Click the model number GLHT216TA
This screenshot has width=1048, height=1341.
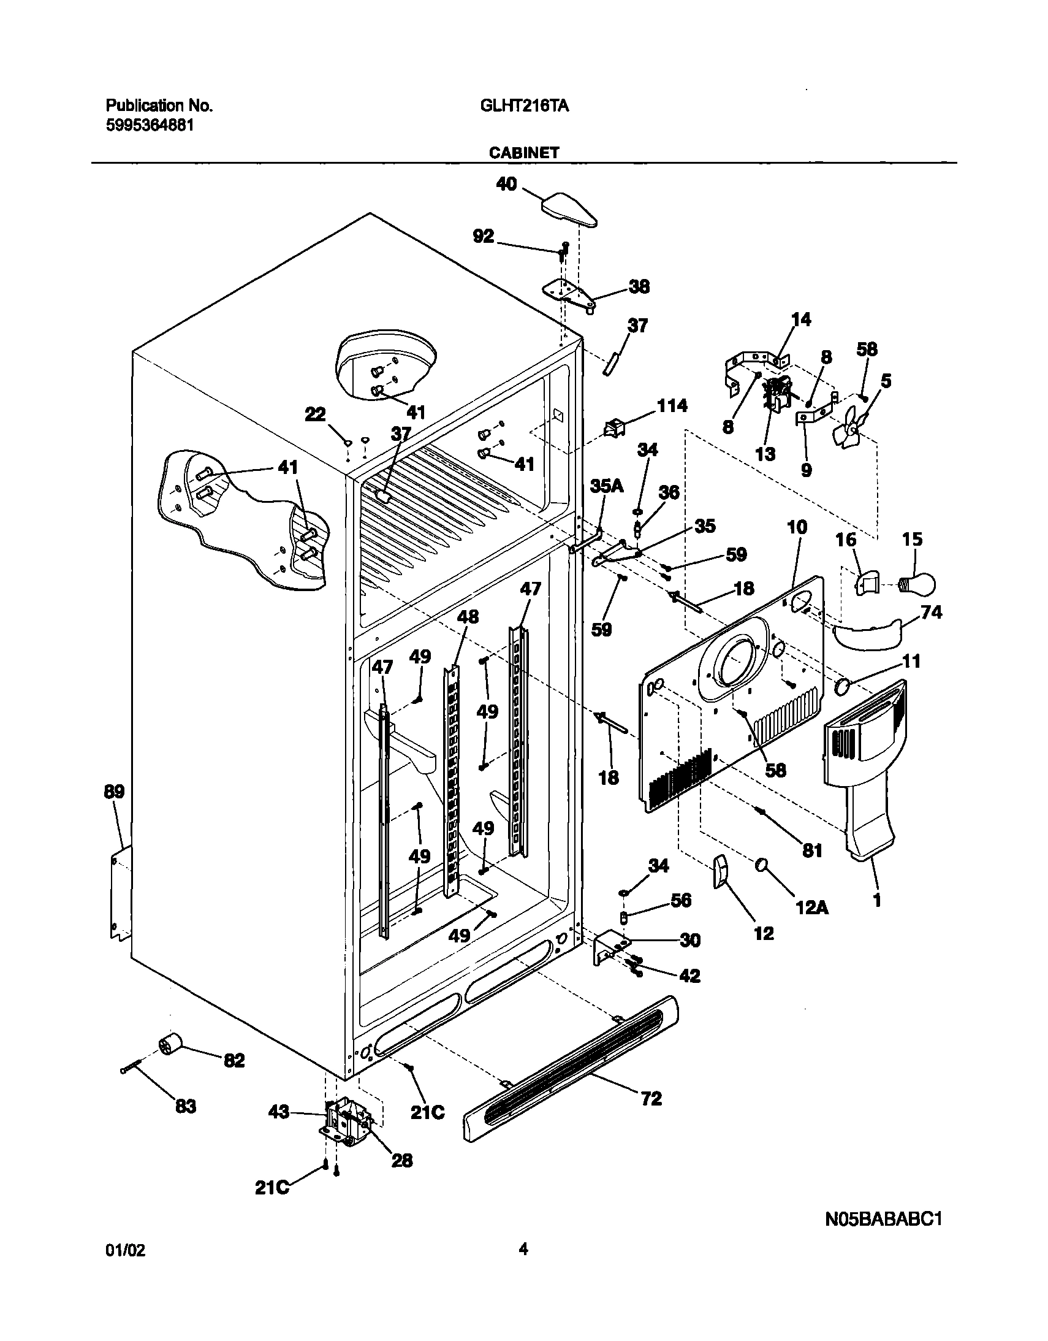(524, 106)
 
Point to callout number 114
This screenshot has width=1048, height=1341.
(672, 406)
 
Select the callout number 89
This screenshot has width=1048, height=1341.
(114, 792)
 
